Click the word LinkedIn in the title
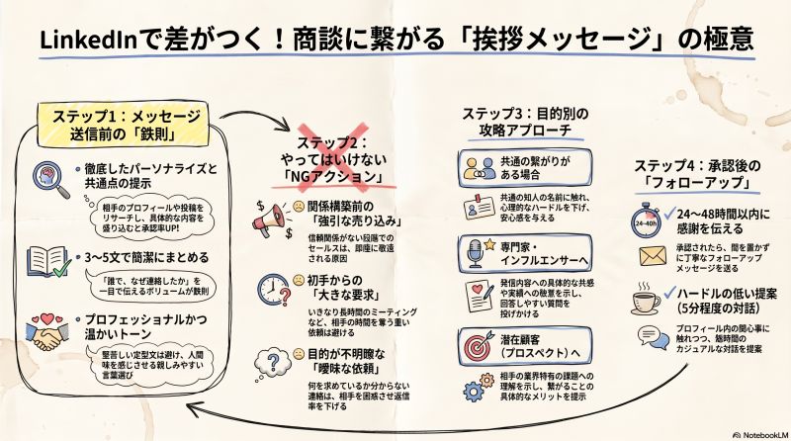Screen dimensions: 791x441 point(89,40)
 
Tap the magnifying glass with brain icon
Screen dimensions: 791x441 point(51,180)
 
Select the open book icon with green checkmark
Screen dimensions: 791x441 point(48,261)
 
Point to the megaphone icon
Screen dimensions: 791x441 point(273,220)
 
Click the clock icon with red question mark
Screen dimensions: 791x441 point(275,290)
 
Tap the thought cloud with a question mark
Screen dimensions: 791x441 point(273,362)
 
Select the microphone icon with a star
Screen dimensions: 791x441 point(480,253)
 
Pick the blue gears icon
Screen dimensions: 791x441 point(479,387)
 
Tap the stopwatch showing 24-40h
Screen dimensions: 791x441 point(647,220)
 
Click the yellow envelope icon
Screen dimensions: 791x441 point(653,256)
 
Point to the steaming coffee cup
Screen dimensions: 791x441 point(646,299)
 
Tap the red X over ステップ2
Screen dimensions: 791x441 point(333,157)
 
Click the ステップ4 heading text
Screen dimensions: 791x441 point(698,174)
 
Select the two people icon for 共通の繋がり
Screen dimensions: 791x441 point(480,168)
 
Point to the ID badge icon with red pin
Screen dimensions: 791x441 point(479,207)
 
